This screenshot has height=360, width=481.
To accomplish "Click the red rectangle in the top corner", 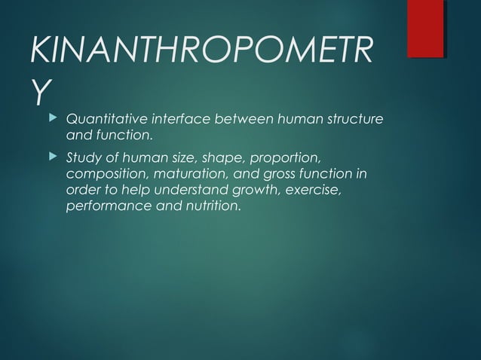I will tap(424, 28).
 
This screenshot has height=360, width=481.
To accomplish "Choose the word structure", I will tap(354, 120).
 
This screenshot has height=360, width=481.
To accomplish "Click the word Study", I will tap(83, 158).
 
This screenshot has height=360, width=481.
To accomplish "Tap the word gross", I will tap(268, 175).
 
